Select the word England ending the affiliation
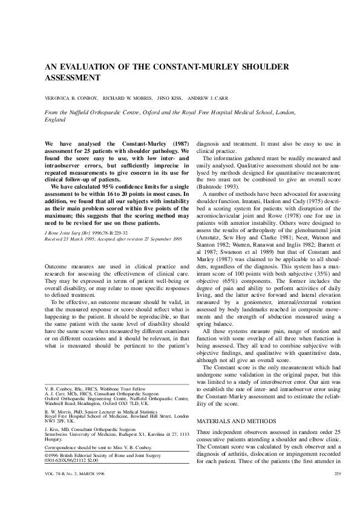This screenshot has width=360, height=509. pyautogui.click(x=56, y=120)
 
